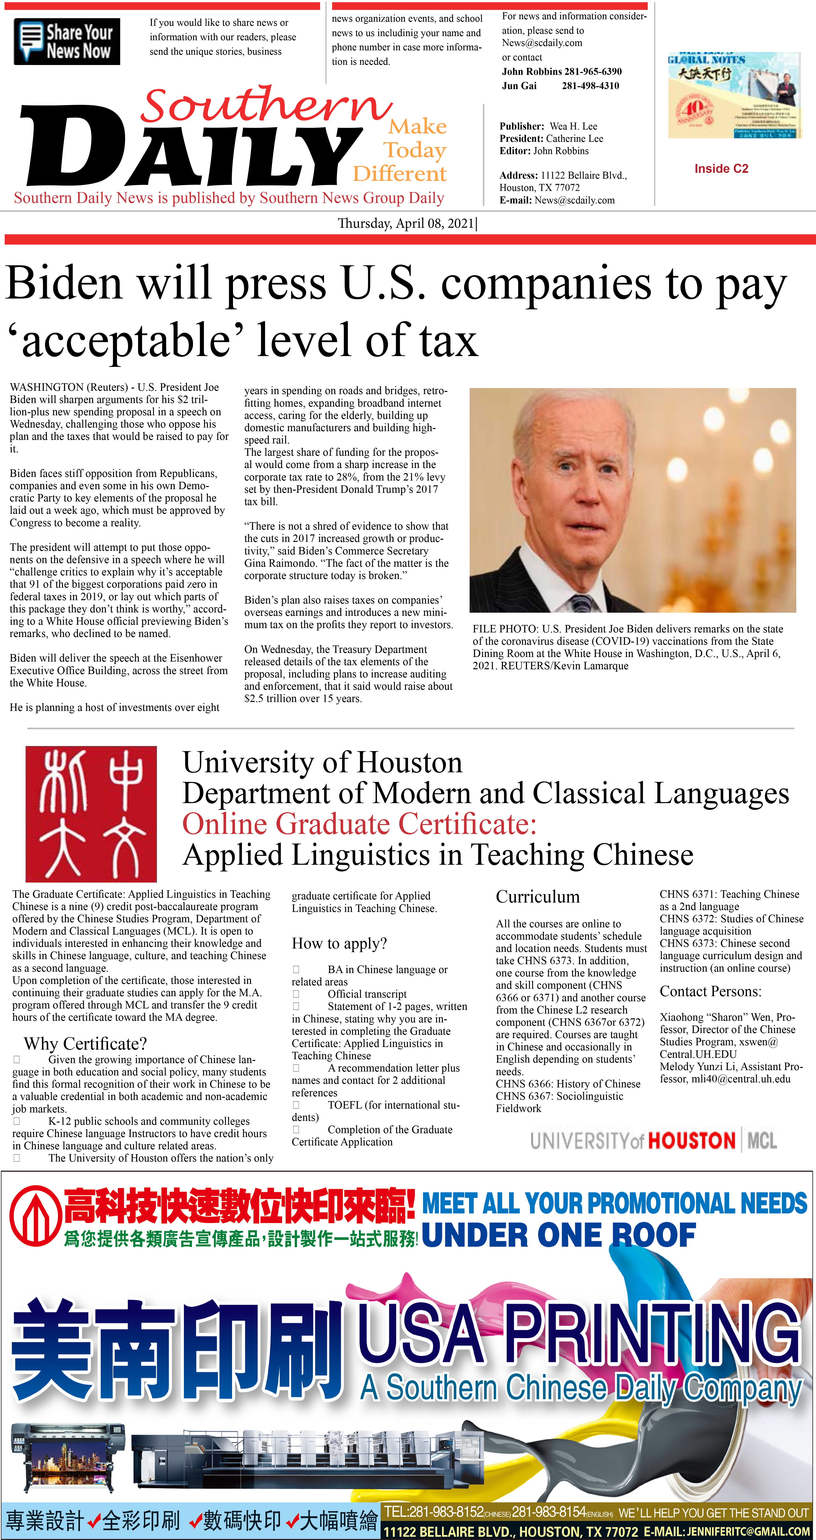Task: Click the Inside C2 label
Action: (x=721, y=169)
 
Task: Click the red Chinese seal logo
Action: (x=91, y=814)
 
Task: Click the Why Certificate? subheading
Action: (x=85, y=1043)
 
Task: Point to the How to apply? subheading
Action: (x=339, y=943)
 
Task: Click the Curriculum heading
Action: (x=538, y=897)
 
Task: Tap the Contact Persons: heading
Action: (x=710, y=991)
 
